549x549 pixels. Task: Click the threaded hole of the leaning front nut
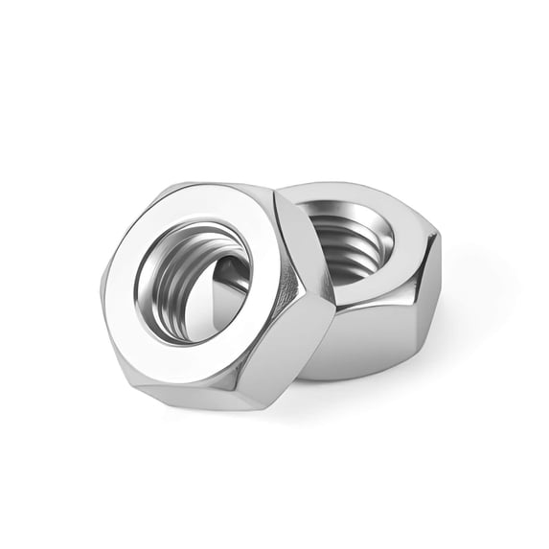(x=196, y=278)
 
